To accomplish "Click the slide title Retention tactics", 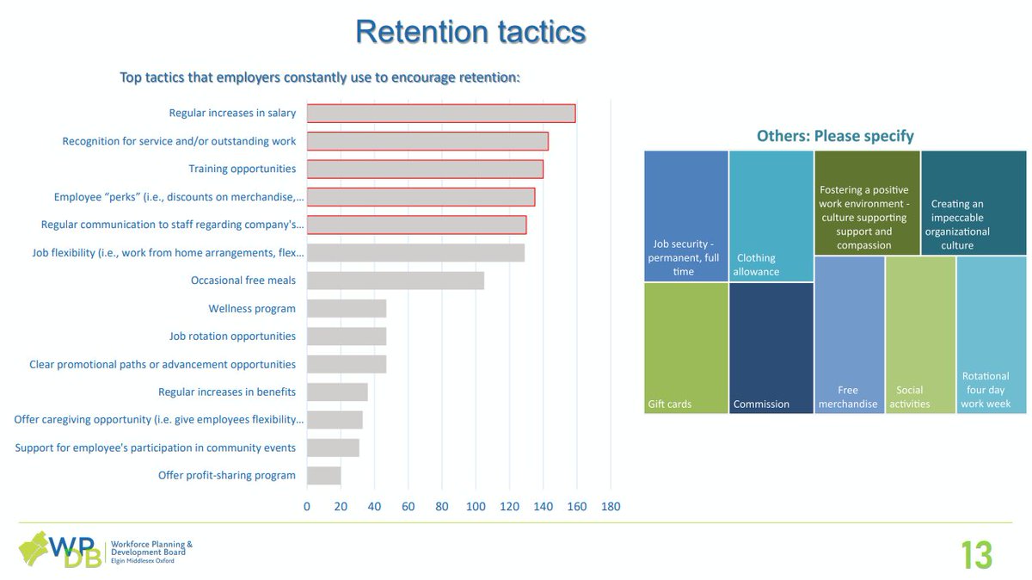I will [x=470, y=32].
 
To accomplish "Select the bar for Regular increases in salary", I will [x=441, y=114].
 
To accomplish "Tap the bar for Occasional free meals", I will [x=396, y=281].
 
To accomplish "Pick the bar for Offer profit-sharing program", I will [x=324, y=476].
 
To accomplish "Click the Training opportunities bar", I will [x=425, y=170].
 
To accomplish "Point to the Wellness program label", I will [x=252, y=309].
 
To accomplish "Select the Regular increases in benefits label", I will [x=227, y=392].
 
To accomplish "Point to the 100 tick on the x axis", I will [x=476, y=507].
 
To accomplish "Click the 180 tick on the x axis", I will [x=610, y=507].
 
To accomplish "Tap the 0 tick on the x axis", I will [x=307, y=507].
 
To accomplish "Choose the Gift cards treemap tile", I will [x=685, y=348].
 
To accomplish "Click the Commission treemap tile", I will [x=771, y=348].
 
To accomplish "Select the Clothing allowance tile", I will [x=771, y=216].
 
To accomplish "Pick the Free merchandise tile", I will [x=849, y=335].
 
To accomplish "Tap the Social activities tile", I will [x=919, y=335].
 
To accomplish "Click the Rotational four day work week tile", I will [x=991, y=335].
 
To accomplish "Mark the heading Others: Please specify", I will [x=834, y=136].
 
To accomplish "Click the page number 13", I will [x=976, y=556].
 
